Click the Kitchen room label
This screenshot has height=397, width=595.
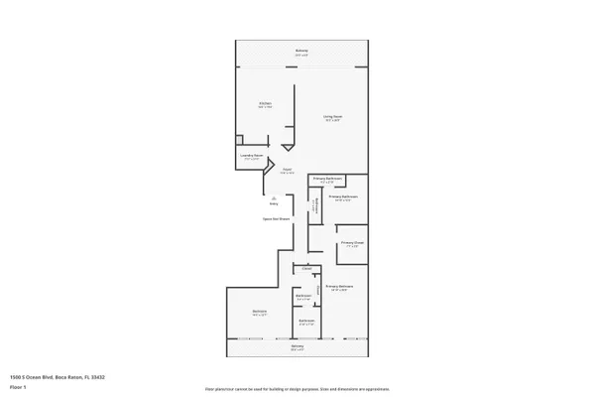[266, 103]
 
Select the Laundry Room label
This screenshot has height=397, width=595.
[251, 155]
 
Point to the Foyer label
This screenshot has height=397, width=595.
[286, 169]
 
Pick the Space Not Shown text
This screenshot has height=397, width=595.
[276, 218]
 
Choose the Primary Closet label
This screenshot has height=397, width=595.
[348, 242]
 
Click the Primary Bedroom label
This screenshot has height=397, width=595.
[340, 287]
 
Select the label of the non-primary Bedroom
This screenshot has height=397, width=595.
[260, 312]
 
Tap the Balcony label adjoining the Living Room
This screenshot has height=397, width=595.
[301, 51]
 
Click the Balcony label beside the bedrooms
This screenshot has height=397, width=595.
[297, 345]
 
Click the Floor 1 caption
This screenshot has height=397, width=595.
[18, 386]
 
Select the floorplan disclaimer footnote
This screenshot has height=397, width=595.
[297, 389]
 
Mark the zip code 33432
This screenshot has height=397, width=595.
[100, 377]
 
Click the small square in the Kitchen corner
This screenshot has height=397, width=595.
[238, 140]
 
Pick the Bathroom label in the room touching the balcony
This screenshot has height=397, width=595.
[306, 321]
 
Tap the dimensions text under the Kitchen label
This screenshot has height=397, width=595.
[266, 107]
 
